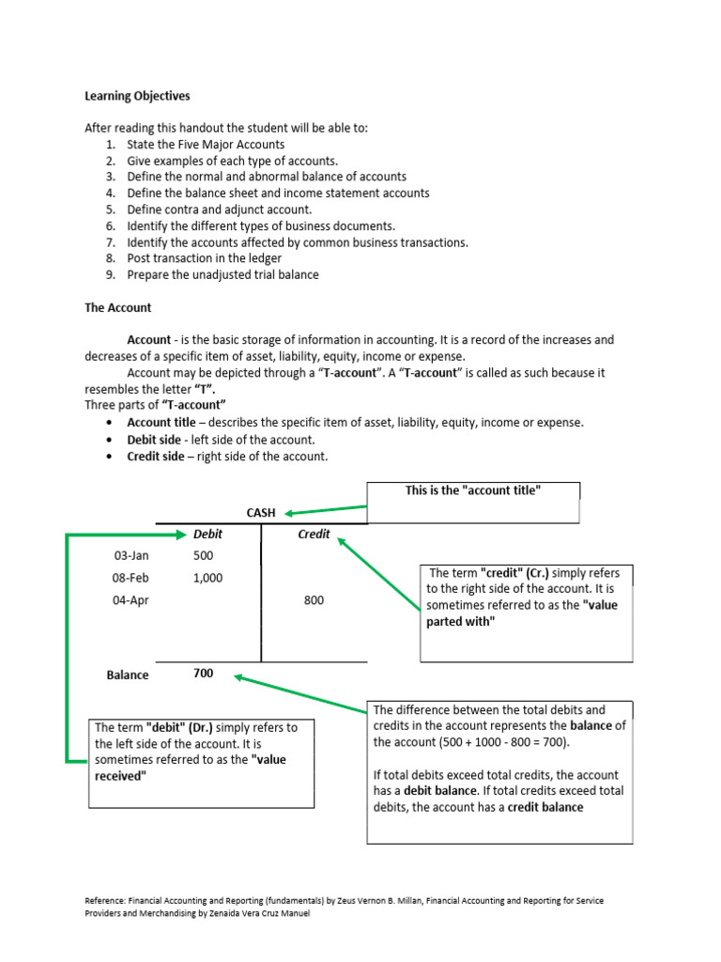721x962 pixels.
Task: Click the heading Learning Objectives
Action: (x=137, y=96)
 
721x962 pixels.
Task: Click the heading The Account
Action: (x=117, y=307)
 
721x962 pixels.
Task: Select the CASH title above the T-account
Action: (x=261, y=513)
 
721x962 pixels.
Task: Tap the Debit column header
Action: (x=207, y=534)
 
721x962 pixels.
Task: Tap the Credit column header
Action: (x=314, y=534)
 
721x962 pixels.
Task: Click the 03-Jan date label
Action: (x=130, y=555)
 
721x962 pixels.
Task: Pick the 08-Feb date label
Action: (x=130, y=578)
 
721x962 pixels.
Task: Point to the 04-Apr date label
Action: (x=130, y=600)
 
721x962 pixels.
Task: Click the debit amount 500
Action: (x=203, y=555)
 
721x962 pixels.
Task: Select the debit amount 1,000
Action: (x=207, y=578)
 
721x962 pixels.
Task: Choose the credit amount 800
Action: (x=314, y=600)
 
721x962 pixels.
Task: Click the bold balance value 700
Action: (x=203, y=674)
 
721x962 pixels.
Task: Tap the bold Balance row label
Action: (x=127, y=675)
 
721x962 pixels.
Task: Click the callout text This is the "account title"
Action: (x=472, y=491)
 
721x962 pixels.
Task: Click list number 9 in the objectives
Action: (x=110, y=274)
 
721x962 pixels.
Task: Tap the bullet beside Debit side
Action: (x=110, y=440)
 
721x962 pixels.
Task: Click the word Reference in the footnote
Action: (x=105, y=900)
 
